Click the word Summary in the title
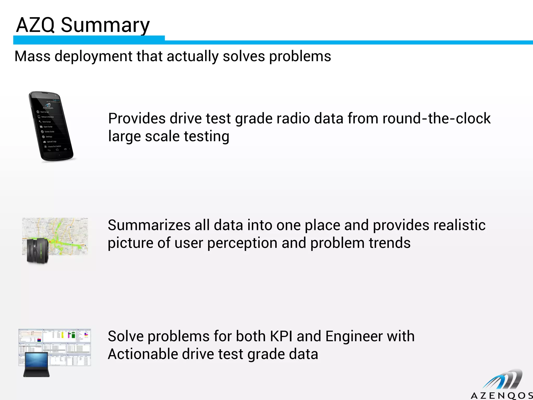tap(105, 25)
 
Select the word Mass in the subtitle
tap(33, 56)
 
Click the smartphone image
tap(51, 126)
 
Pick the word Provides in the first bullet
tap(137, 118)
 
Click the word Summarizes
tap(149, 225)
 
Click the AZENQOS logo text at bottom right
tap(501, 396)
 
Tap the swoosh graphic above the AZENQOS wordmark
tap(503, 380)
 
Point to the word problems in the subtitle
tap(300, 57)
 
